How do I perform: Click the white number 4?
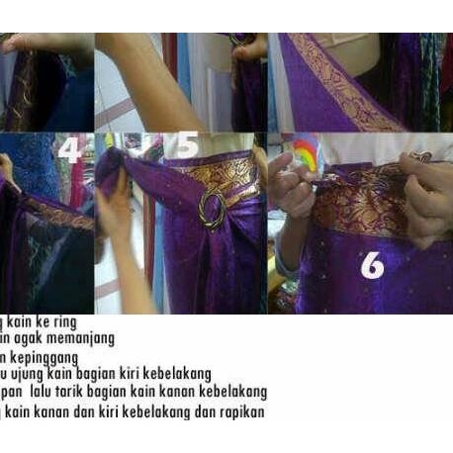click(69, 150)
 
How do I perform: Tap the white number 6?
click(372, 264)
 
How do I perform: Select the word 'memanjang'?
click(78, 338)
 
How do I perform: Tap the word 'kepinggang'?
click(42, 356)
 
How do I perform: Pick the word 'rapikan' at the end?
click(241, 410)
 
